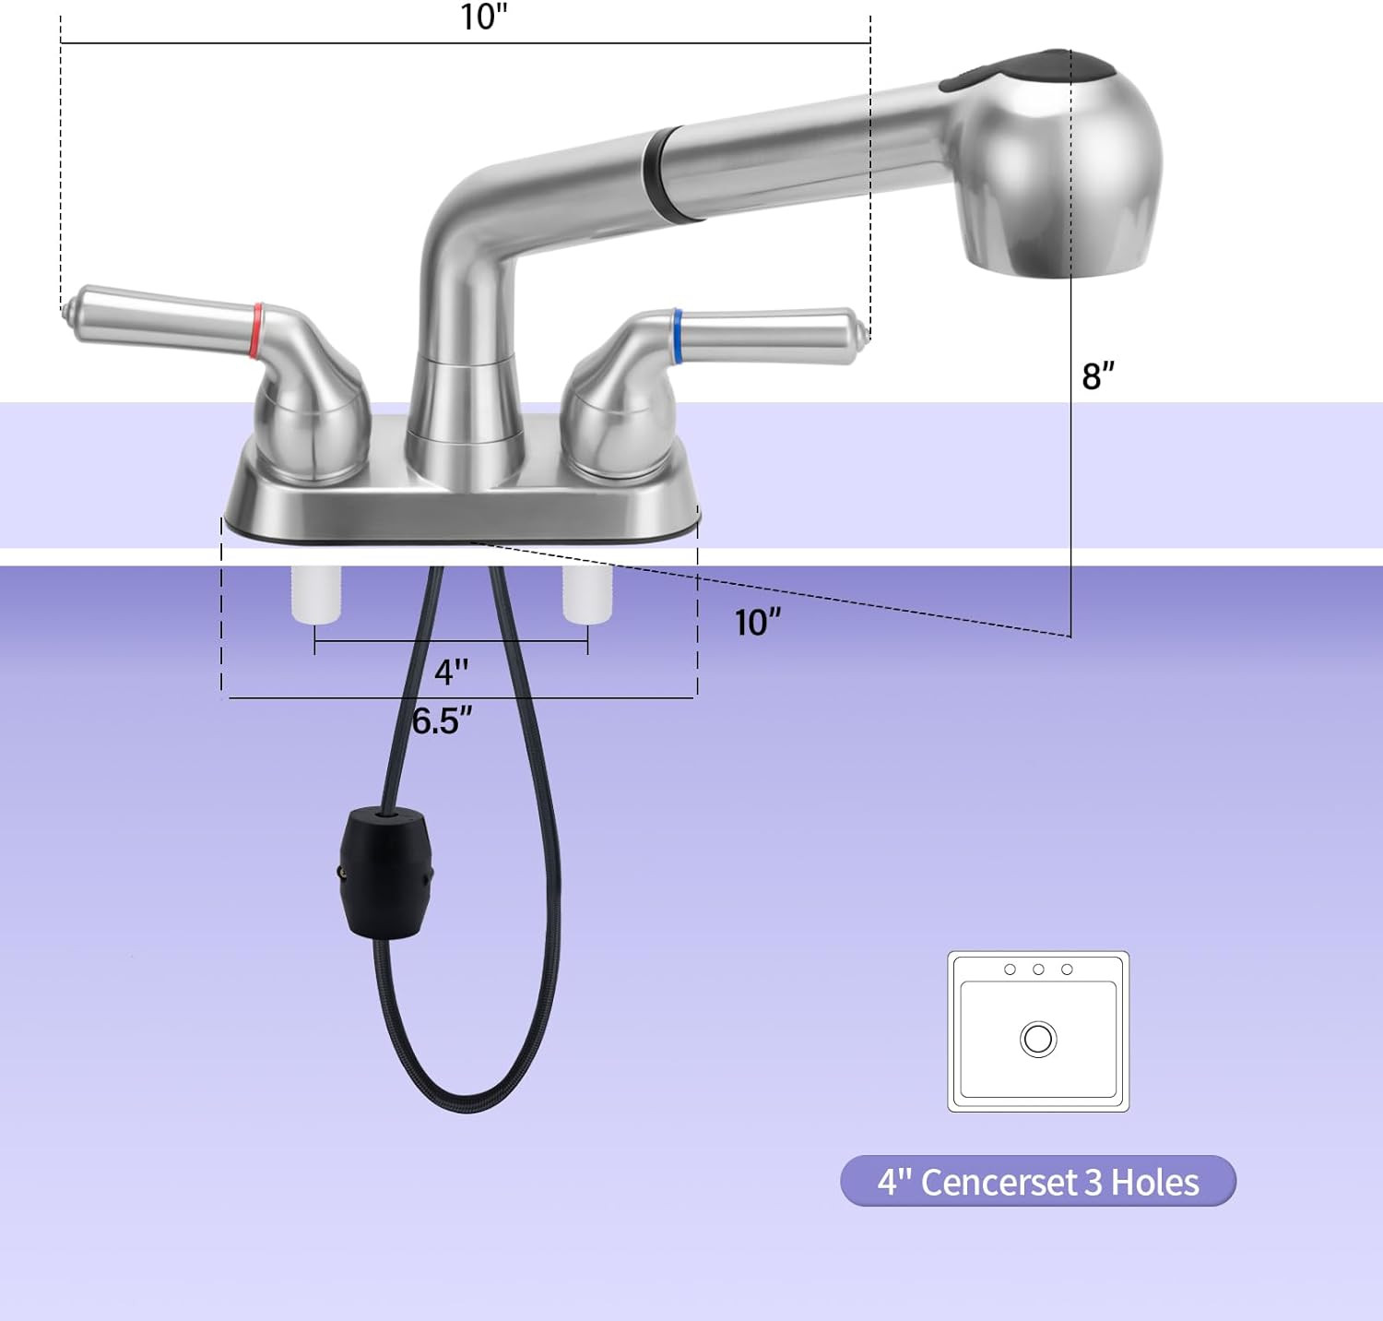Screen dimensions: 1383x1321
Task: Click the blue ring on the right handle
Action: pyautogui.click(x=678, y=335)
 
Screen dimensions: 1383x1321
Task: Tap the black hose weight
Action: pyautogui.click(x=384, y=873)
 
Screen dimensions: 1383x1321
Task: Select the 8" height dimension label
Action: pyautogui.click(x=1098, y=375)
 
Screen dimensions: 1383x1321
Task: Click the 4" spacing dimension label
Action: pyautogui.click(x=451, y=672)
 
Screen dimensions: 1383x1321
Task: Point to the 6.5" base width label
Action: pyautogui.click(x=443, y=720)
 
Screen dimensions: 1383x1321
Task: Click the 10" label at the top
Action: pyautogui.click(x=484, y=17)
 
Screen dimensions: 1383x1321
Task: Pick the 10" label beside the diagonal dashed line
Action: pyautogui.click(x=758, y=623)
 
